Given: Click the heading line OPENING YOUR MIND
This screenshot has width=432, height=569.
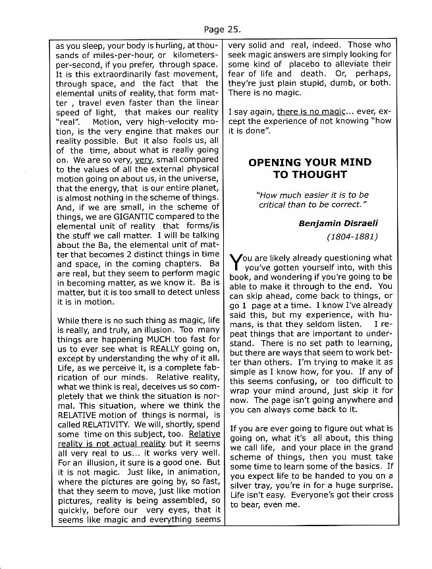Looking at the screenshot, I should click(x=310, y=162).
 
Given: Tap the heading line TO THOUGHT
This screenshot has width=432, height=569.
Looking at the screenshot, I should click(x=310, y=175).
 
